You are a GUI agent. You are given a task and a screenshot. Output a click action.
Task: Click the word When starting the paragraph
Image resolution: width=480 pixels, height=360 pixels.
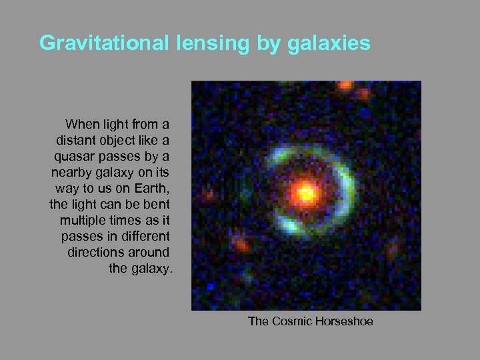tap(82, 124)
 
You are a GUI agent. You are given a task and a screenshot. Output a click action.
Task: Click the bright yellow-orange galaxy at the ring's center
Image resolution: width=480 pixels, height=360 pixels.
tap(305, 193)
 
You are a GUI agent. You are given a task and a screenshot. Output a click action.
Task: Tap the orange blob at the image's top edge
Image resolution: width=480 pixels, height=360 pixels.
tap(345, 85)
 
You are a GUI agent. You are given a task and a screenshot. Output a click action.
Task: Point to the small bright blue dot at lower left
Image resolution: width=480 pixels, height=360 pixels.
tap(211, 285)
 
